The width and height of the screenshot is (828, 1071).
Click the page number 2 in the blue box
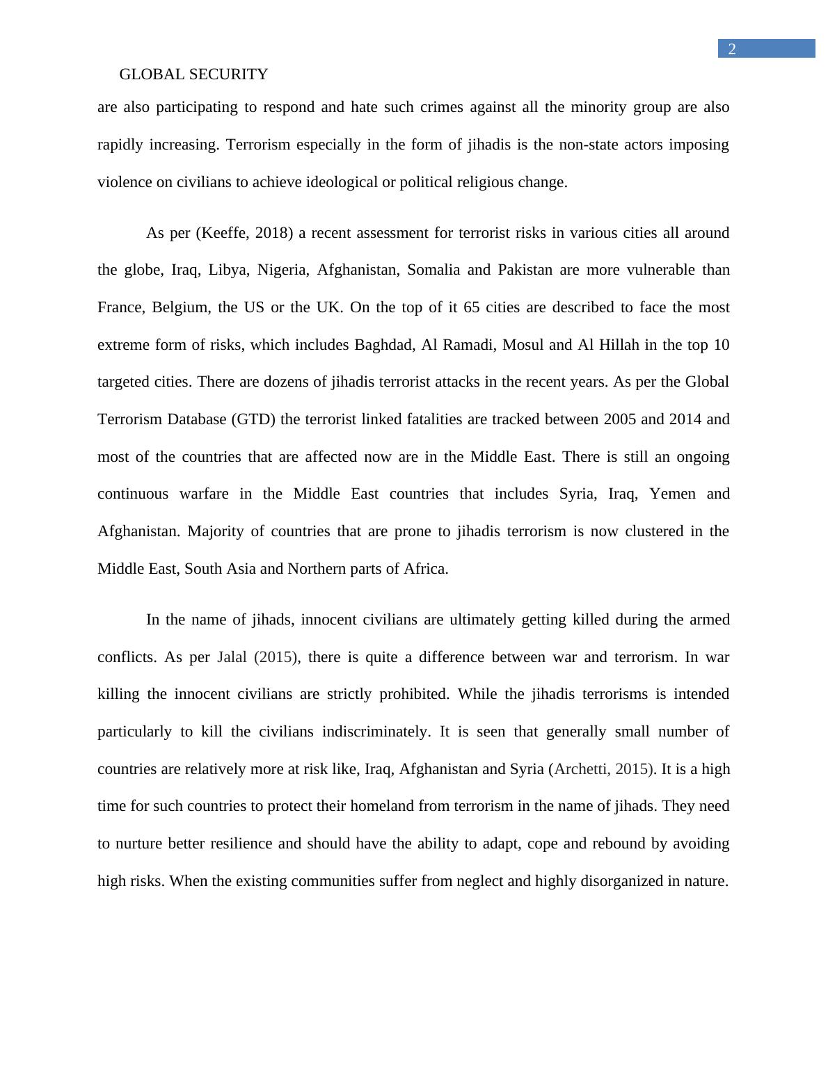pyautogui.click(x=731, y=49)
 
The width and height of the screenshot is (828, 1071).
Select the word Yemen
pyautogui.click(x=672, y=494)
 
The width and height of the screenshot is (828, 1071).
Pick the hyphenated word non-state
pyautogui.click(x=589, y=145)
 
